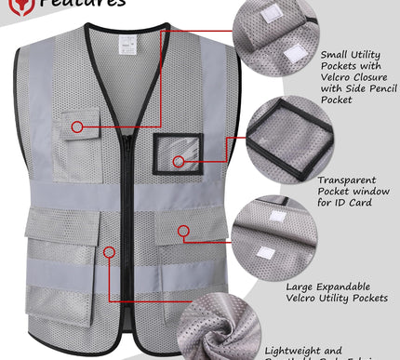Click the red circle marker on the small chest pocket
(79, 126)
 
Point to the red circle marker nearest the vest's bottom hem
(110, 250)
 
